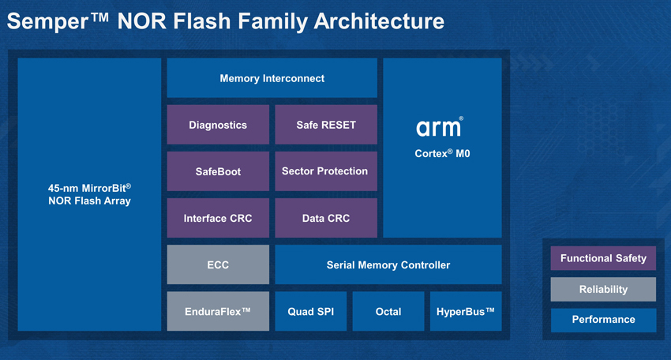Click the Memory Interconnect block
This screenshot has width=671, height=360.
click(272, 78)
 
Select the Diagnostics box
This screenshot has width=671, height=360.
click(218, 125)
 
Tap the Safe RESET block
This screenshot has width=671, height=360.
click(326, 125)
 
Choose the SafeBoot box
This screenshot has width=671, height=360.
click(218, 171)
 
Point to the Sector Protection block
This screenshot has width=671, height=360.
click(326, 171)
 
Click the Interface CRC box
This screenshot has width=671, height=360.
click(218, 218)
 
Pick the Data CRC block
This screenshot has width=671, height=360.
click(326, 218)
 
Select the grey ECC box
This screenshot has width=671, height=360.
click(218, 264)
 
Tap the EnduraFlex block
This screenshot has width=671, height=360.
click(218, 311)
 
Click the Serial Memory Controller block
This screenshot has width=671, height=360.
click(388, 264)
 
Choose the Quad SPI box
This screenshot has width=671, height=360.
click(311, 311)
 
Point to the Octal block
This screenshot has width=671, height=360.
click(388, 311)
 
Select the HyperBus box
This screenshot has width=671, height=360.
click(466, 311)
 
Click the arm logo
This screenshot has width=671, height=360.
click(440, 126)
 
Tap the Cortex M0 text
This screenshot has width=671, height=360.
click(442, 153)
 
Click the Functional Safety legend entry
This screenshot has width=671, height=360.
click(603, 258)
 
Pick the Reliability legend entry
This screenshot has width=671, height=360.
click(603, 289)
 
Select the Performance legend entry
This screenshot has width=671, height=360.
click(603, 320)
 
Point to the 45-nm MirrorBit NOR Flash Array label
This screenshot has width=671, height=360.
click(89, 194)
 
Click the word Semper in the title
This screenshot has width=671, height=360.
click(47, 22)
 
